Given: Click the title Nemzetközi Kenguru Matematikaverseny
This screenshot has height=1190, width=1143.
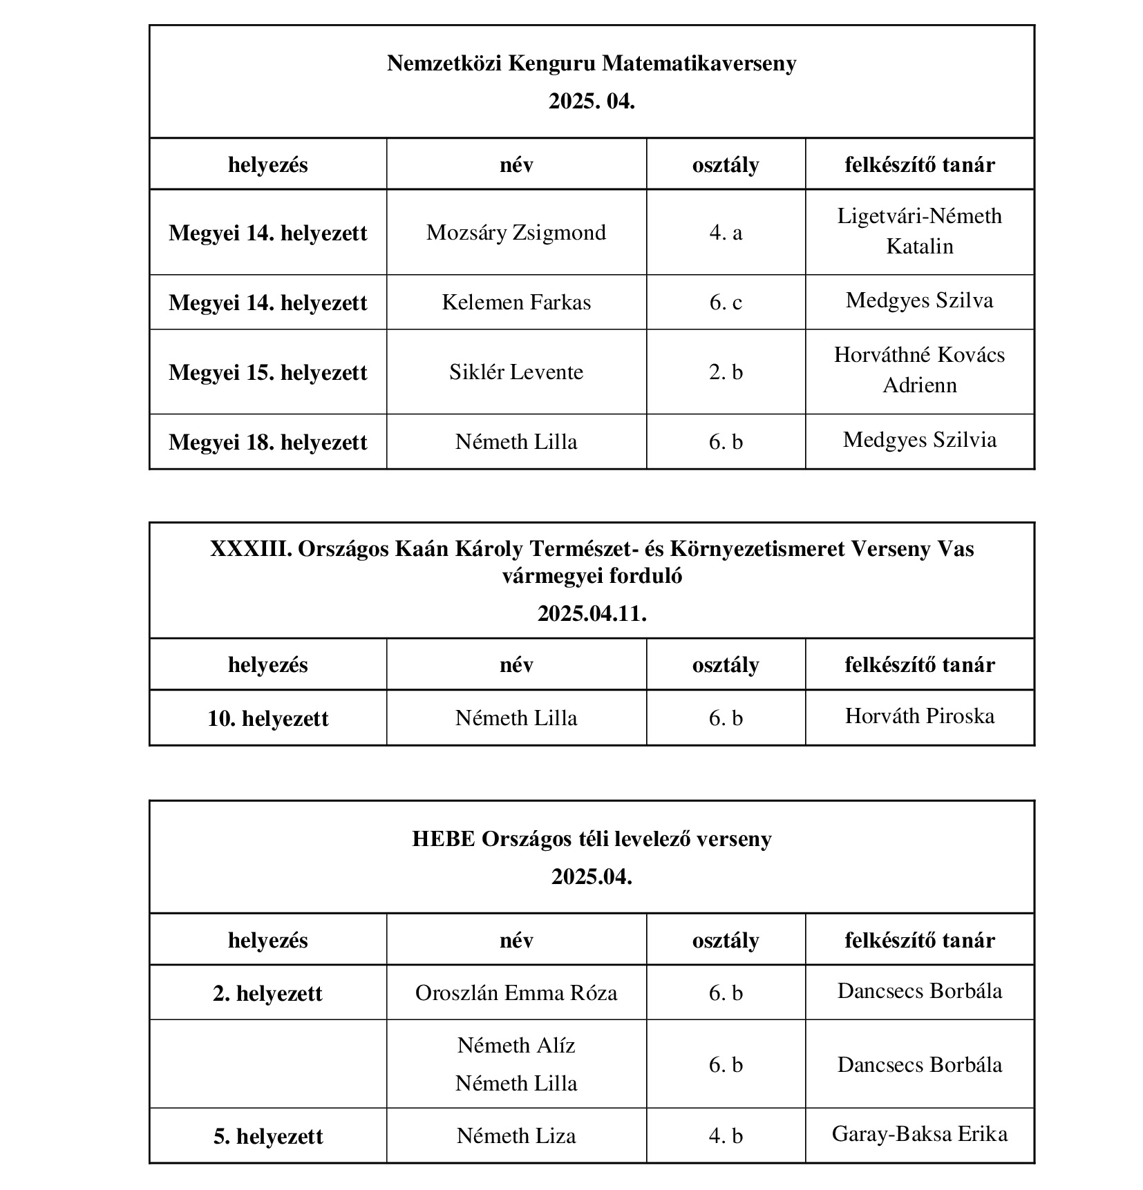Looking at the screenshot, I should click(591, 64).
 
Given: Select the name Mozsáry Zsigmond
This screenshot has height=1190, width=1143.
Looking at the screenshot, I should click(516, 233).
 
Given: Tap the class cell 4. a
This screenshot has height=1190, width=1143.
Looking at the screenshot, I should click(725, 233).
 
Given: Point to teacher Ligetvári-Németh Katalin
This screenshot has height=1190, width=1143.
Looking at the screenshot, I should click(919, 231).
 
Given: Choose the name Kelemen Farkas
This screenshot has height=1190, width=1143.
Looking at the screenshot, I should click(516, 303).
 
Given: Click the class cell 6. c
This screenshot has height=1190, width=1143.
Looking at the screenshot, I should click(725, 303).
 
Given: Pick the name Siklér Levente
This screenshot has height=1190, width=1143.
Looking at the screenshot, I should click(516, 372).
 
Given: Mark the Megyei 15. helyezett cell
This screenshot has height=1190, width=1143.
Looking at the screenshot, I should click(267, 372).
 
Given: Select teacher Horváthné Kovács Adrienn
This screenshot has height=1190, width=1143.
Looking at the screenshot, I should click(919, 370).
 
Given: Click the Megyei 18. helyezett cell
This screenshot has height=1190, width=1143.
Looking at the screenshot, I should click(267, 442).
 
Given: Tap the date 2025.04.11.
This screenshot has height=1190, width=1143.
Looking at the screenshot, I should click(592, 613).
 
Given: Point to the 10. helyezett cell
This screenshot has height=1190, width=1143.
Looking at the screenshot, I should click(267, 718).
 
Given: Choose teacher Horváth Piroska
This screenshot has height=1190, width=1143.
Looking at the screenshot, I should click(919, 716).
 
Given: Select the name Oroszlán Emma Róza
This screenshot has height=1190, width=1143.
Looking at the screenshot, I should click(516, 993).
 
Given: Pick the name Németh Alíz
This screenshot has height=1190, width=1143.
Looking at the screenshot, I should click(516, 1046).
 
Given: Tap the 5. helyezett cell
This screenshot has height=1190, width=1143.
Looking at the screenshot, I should click(267, 1136).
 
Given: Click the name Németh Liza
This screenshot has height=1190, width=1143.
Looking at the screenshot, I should click(516, 1136).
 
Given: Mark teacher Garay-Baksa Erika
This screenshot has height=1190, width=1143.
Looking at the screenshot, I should click(919, 1134).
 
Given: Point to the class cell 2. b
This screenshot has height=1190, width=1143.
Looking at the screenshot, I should click(725, 372).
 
